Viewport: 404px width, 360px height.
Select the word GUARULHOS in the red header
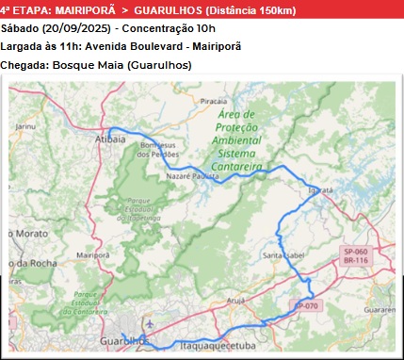(167, 9)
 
